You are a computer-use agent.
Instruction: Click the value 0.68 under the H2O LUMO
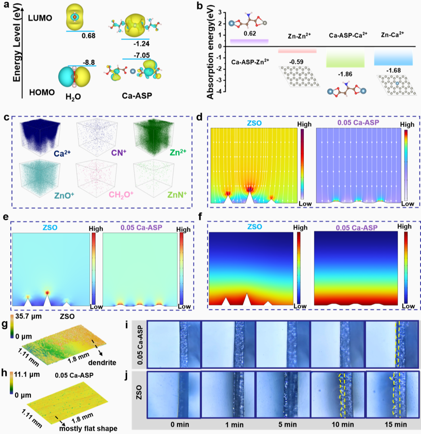coord(89,36)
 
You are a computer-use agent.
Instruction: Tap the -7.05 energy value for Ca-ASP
coord(142,56)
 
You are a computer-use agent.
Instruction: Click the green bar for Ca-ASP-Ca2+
coord(345,57)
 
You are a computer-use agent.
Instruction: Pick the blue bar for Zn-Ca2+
coord(393,56)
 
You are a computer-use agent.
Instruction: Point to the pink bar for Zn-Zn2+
coord(297,50)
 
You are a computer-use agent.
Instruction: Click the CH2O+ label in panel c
coord(121,194)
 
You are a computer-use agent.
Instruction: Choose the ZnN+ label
coord(177,194)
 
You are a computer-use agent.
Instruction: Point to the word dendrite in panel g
coord(102,362)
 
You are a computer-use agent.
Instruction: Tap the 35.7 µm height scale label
coord(29,316)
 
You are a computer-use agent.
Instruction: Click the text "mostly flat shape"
coord(89,429)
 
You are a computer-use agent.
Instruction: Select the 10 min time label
coord(343,424)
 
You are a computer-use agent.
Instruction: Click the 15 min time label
coord(396,424)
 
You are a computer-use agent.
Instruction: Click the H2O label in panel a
coord(73,96)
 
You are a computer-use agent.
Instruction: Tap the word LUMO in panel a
coord(40,18)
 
